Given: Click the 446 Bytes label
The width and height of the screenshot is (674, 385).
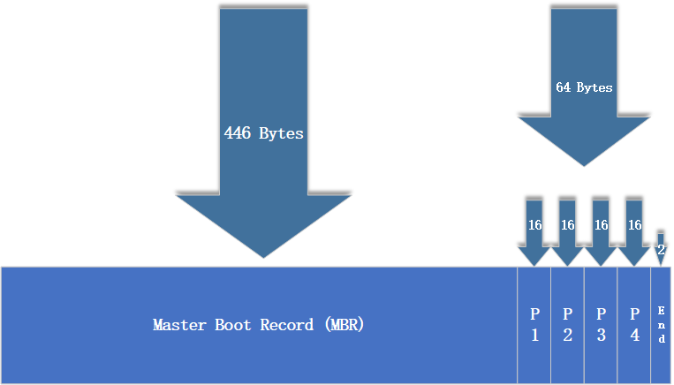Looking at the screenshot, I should point(263,133).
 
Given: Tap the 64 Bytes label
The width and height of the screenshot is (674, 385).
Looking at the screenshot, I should point(584,87).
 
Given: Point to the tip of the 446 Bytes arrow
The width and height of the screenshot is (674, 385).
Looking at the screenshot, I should point(263,257).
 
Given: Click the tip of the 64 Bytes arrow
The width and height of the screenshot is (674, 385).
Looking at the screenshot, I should point(584,164).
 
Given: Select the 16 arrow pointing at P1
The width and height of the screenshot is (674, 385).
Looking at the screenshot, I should point(534,227).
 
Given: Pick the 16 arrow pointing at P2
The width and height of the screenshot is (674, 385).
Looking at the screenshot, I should point(568,227).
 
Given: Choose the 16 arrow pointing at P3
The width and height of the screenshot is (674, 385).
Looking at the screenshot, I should point(602,227).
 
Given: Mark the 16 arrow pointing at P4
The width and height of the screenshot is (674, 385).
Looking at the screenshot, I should point(634,227).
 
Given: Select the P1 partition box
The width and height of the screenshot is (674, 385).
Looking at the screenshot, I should point(534,325).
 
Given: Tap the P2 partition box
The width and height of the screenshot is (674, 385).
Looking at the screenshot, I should point(567,325).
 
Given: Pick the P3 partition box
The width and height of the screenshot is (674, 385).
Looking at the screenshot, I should point(601,325).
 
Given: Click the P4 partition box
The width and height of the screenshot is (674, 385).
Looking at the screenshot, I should point(634,325).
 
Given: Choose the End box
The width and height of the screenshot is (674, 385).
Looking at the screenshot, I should point(662,325).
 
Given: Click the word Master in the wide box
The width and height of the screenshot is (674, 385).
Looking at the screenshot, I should point(179,325).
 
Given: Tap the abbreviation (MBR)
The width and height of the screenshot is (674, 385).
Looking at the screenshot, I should point(344,325).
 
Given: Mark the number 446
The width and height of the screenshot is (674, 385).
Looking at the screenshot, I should point(238,133).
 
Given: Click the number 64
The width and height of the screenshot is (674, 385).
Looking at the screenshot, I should point(564,87).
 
